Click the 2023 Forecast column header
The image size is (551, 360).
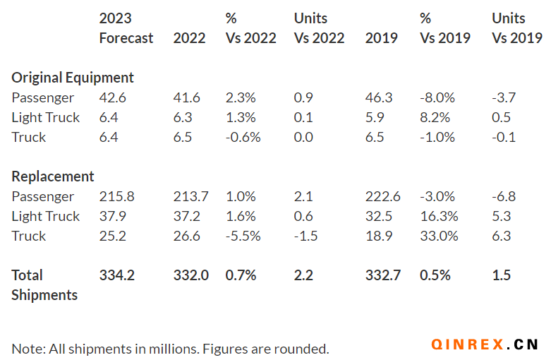click(x=126, y=28)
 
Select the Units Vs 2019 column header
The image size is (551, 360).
click(x=516, y=28)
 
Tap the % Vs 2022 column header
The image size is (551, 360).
click(x=250, y=28)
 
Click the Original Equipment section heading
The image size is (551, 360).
click(x=73, y=78)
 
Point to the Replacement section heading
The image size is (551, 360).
click(x=53, y=176)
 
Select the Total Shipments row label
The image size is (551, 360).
click(x=44, y=284)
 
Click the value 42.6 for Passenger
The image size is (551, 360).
click(x=112, y=97)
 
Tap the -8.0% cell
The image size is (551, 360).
click(x=437, y=97)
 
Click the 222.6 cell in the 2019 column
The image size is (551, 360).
click(x=382, y=196)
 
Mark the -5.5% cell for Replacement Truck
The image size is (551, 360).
click(x=243, y=236)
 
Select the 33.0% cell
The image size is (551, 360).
click(x=439, y=236)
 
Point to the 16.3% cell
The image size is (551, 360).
click(x=439, y=216)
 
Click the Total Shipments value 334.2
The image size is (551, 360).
click(x=116, y=275)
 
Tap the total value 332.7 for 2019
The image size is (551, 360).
click(x=382, y=275)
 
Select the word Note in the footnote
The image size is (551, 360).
click(x=25, y=349)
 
